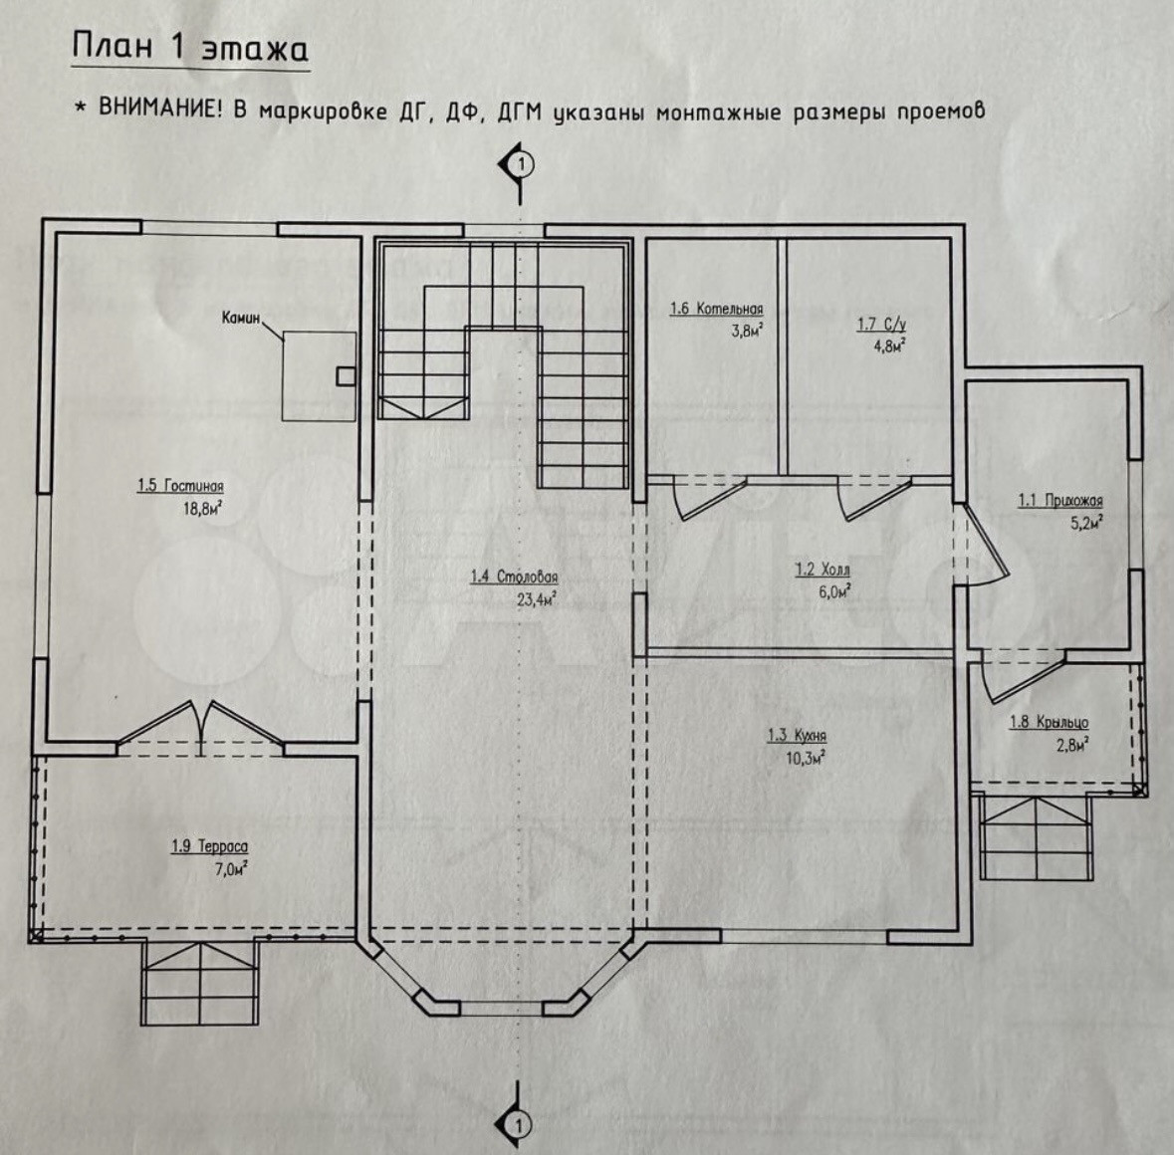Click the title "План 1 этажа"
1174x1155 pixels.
tap(189, 49)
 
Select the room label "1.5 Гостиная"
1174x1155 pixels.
tap(180, 487)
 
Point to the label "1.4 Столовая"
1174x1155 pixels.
tap(514, 577)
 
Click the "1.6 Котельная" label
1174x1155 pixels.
tap(716, 309)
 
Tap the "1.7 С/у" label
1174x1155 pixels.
tap(880, 324)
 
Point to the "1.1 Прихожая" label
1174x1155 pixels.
tap(1059, 501)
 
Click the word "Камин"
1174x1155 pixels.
tap(241, 319)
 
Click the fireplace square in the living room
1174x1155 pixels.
tap(319, 375)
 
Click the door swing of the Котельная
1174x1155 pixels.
tap(696, 498)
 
